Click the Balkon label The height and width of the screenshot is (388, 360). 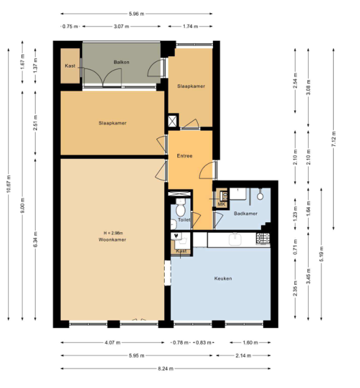121,62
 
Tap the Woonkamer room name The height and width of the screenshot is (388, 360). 112,239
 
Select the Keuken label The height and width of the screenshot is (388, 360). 223,278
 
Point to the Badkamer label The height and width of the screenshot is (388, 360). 246,214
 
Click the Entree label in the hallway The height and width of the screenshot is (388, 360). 185,156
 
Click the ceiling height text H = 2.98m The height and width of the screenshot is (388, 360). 113,233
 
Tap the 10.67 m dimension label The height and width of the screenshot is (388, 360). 9,184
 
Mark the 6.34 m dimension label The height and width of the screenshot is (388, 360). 36,239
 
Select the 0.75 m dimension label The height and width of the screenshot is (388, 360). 69,26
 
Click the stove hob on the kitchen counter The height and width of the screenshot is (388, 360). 263,239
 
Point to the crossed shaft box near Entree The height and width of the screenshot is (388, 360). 173,120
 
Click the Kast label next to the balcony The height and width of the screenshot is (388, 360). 70,66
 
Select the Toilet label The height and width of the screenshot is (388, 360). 183,219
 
